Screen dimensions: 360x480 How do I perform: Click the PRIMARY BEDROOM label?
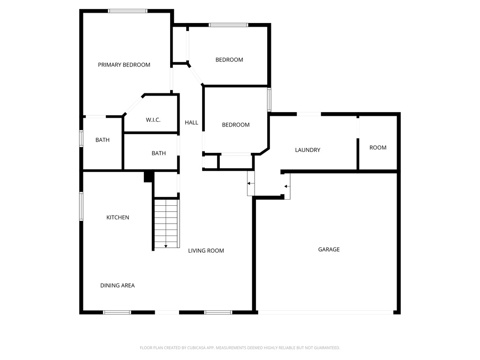click(x=124, y=65)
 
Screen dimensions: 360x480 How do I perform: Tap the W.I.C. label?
click(x=153, y=120)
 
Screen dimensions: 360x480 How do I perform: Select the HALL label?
click(x=191, y=123)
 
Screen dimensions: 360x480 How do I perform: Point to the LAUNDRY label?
click(x=307, y=150)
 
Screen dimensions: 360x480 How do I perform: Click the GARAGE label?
click(x=329, y=249)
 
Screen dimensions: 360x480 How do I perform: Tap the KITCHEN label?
click(x=118, y=217)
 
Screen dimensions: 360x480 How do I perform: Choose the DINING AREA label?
click(x=117, y=285)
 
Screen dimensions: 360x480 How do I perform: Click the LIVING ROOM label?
click(x=206, y=251)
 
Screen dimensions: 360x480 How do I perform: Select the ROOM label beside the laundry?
click(x=378, y=148)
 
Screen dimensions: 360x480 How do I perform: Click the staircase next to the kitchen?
click(x=166, y=223)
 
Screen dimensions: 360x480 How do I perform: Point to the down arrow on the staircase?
click(x=166, y=245)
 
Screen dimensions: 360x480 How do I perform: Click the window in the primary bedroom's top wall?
click(x=127, y=11)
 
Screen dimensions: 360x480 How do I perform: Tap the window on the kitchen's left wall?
click(x=81, y=206)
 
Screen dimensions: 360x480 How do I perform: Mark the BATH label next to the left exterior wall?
click(x=102, y=140)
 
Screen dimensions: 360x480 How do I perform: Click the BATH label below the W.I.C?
click(x=158, y=153)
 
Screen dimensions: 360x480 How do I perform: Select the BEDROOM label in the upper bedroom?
click(x=229, y=60)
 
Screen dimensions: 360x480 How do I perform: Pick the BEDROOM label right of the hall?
click(x=235, y=125)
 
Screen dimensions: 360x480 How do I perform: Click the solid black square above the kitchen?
click(x=148, y=176)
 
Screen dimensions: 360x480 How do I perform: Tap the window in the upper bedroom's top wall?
click(x=228, y=25)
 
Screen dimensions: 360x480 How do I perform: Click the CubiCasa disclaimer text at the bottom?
click(x=240, y=348)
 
